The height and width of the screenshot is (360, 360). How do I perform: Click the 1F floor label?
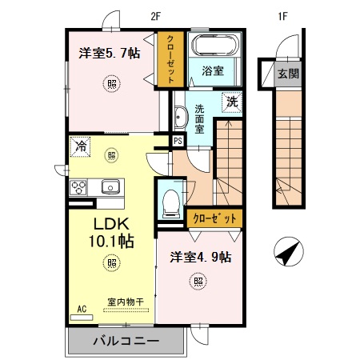pos(282,14)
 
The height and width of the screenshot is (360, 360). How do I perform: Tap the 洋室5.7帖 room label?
pos(110,54)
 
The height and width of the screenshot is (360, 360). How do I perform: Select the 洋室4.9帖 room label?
pos(201,257)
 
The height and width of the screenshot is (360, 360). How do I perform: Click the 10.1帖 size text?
pos(110,241)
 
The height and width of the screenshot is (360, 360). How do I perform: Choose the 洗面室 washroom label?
pos(200,119)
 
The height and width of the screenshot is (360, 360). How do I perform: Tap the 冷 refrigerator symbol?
pos(80,147)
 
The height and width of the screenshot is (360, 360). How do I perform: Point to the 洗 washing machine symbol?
pos(230,102)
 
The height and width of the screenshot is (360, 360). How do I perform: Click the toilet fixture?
pos(169,202)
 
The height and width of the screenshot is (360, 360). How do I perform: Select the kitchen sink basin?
pos(110,188)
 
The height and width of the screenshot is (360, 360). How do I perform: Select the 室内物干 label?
pos(126,302)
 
